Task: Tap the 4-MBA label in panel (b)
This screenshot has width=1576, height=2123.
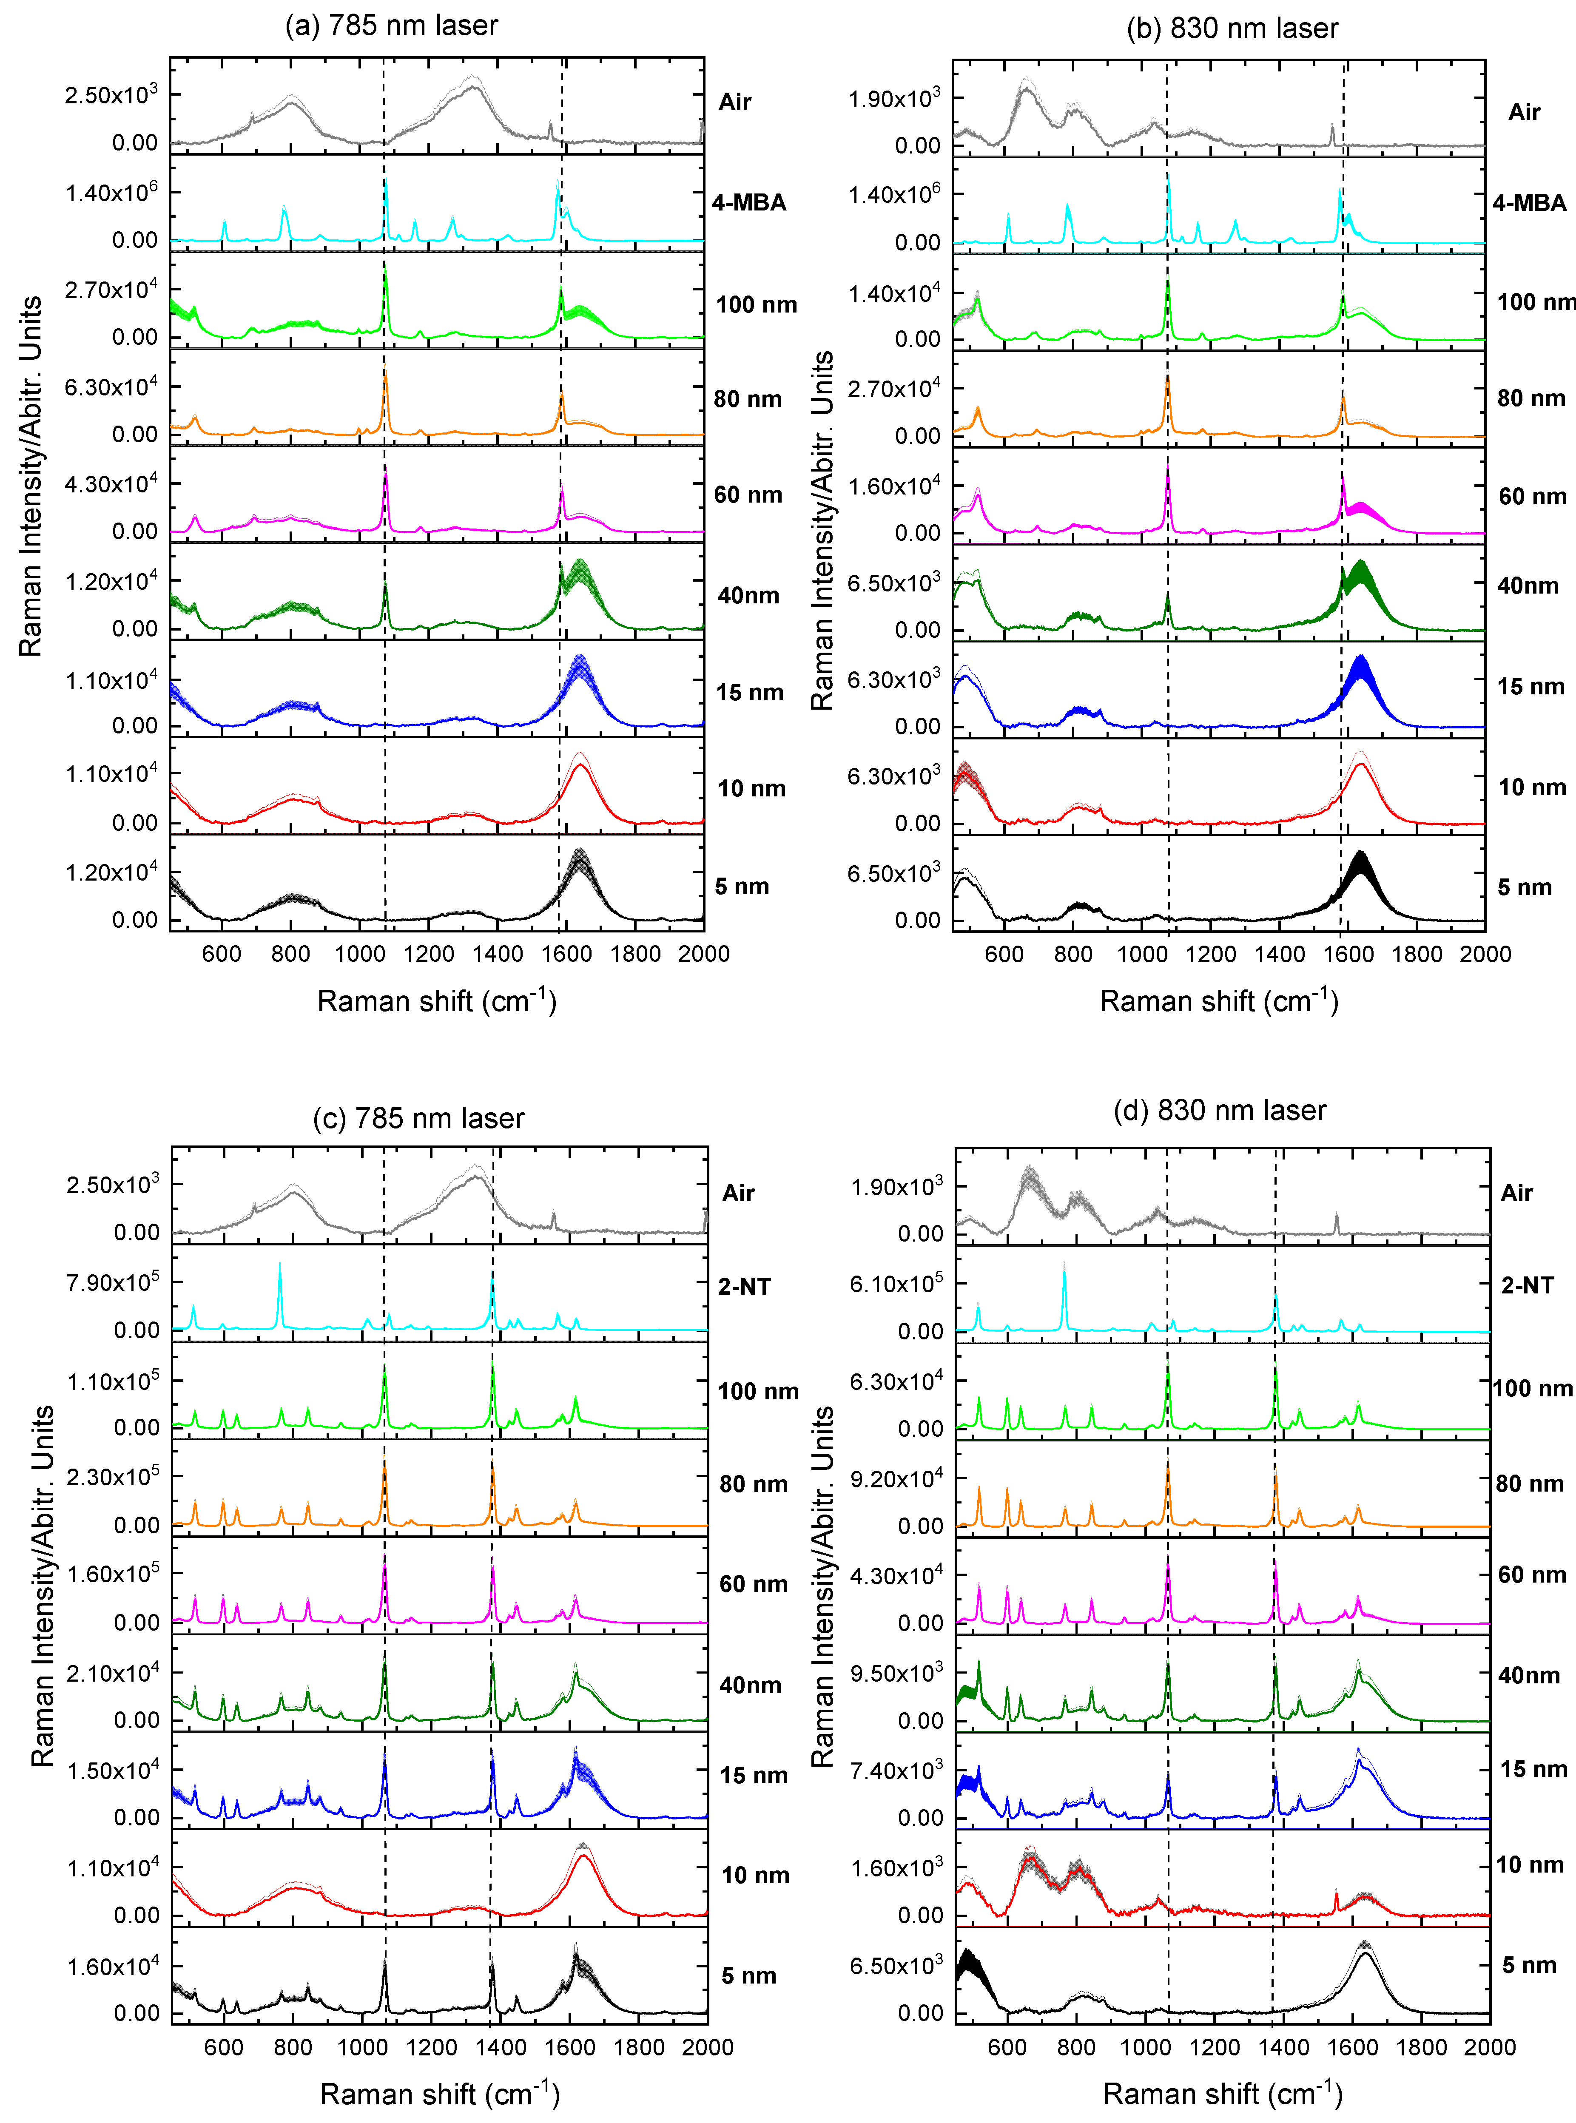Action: (1529, 203)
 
